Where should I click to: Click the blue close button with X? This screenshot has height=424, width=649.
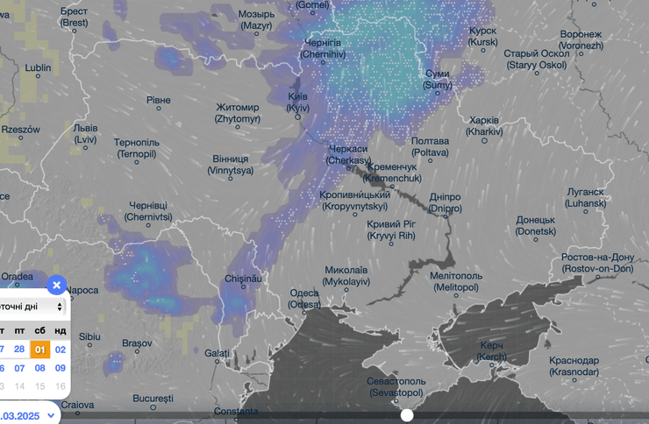[56, 285]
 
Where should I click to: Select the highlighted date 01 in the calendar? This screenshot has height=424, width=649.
[39, 350]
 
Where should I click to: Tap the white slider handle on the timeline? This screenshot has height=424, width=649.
[407, 414]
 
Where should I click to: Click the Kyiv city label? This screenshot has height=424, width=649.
[299, 102]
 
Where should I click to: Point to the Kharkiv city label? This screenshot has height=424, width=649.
[484, 125]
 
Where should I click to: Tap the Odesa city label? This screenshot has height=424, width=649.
[305, 299]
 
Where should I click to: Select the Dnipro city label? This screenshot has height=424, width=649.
[446, 203]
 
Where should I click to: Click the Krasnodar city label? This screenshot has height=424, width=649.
[574, 366]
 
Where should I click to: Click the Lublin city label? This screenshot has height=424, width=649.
[38, 67]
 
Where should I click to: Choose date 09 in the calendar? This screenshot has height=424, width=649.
[61, 368]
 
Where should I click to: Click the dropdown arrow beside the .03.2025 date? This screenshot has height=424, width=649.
[51, 415]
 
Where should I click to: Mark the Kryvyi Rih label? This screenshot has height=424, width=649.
[390, 230]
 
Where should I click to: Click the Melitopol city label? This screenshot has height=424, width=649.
[457, 281]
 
